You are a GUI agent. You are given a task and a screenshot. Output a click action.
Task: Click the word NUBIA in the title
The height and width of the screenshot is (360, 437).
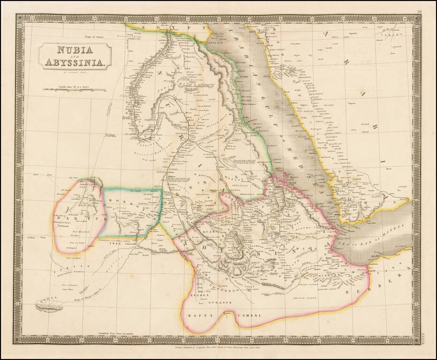click(75, 50)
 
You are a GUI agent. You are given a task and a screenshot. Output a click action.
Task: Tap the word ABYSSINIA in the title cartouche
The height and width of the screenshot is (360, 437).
click(75, 62)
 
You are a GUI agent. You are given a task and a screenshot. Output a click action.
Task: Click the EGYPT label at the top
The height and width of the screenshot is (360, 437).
click(166, 28)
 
